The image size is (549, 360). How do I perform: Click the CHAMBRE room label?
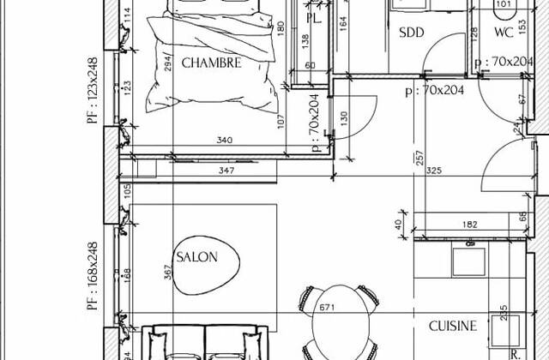click(211, 63)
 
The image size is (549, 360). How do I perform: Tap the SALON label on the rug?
click(196, 256)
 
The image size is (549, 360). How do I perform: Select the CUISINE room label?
click(453, 326)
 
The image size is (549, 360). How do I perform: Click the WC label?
click(504, 33)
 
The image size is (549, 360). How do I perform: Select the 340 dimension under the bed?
click(225, 141)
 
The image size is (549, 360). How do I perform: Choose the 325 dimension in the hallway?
click(433, 171)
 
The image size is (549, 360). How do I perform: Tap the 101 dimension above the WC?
click(504, 4)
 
